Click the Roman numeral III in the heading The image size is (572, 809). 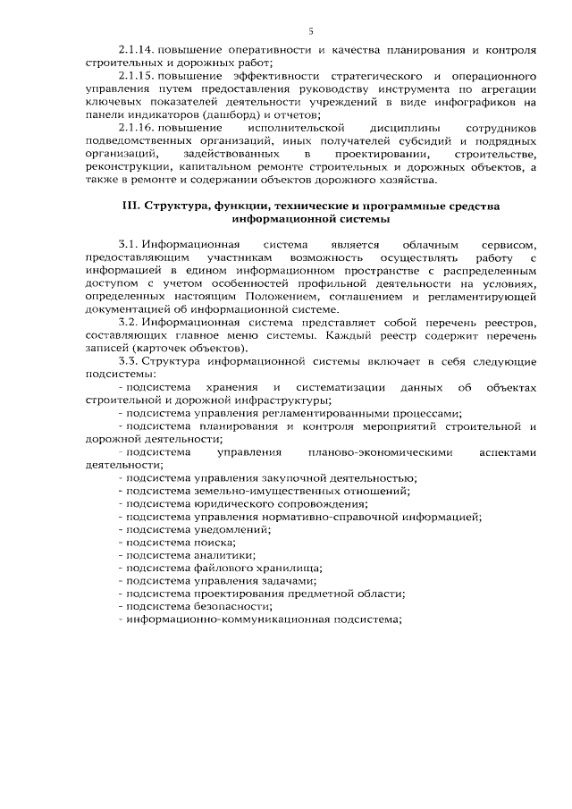point(130,205)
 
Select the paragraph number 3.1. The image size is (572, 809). point(128,244)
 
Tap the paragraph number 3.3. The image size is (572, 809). point(128,361)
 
